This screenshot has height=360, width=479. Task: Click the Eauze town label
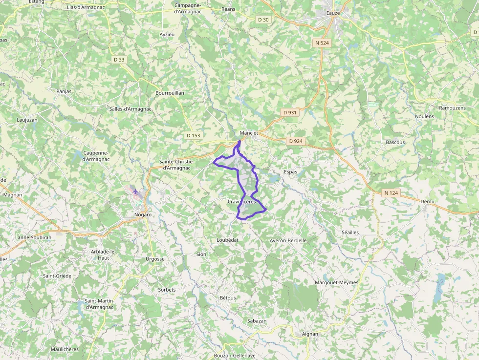tap(333, 13)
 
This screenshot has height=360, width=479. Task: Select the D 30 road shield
tap(263, 20)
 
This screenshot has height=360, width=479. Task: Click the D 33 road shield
tap(119, 60)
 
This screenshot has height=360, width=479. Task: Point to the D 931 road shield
tap(290, 112)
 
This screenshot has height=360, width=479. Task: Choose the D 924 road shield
tap(296, 141)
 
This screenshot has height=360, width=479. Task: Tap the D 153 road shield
tap(194, 135)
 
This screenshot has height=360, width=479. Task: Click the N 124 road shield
tap(391, 193)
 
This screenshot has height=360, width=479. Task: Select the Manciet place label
tap(249, 133)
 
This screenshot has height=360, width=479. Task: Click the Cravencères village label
tap(241, 202)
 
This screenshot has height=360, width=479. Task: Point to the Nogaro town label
tap(142, 214)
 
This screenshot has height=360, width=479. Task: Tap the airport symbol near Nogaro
tap(135, 191)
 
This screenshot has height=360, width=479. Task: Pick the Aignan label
tap(310, 334)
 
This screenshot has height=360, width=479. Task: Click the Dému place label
tap(427, 201)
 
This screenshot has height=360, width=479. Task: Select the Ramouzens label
tap(452, 107)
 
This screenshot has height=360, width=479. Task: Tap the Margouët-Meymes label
tap(336, 282)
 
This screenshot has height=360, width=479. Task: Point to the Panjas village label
tap(64, 91)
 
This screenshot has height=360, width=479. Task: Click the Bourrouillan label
tap(169, 93)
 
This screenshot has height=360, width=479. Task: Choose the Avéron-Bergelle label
tap(288, 240)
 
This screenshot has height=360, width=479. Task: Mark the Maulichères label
tap(65, 349)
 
